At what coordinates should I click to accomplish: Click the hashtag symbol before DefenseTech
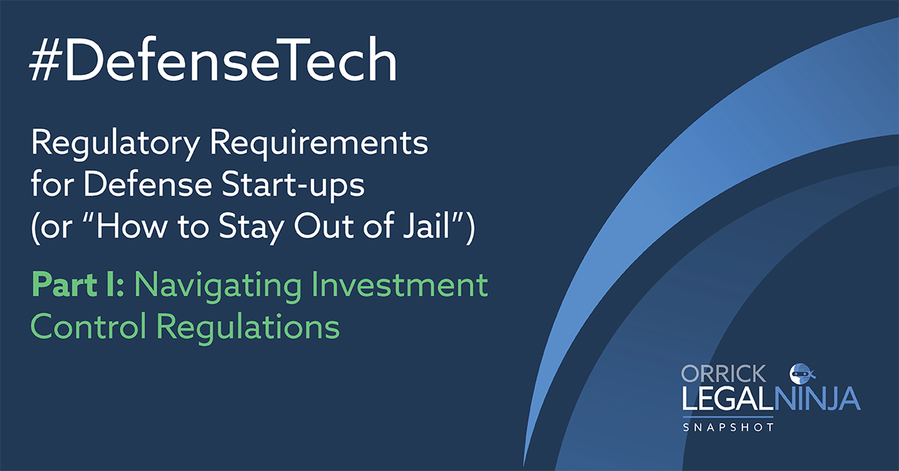(x=45, y=60)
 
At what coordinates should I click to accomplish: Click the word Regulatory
(x=115, y=144)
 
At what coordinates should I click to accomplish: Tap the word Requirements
(x=319, y=144)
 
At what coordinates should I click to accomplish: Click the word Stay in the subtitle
(x=251, y=228)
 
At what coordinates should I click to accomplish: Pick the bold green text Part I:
(x=77, y=284)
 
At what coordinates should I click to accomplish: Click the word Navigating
(x=217, y=286)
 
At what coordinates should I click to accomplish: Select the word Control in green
(x=88, y=326)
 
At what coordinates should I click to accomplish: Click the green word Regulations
(x=248, y=328)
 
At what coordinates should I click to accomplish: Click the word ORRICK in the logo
(x=724, y=373)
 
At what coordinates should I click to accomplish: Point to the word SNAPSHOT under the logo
(x=728, y=427)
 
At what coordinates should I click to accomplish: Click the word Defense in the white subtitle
(x=148, y=184)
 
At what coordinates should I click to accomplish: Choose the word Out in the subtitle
(x=324, y=226)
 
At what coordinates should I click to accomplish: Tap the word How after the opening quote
(x=130, y=226)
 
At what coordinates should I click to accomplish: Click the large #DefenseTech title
(x=213, y=60)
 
